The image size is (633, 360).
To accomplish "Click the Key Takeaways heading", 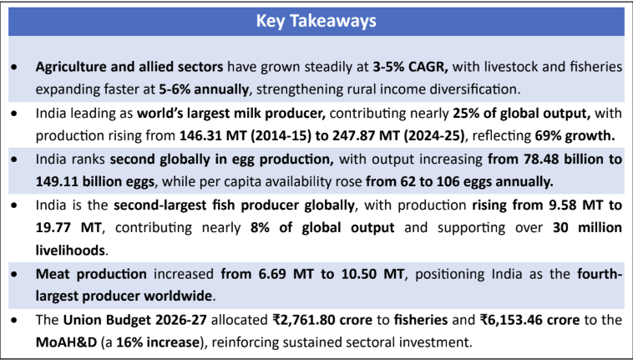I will point(316,20).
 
